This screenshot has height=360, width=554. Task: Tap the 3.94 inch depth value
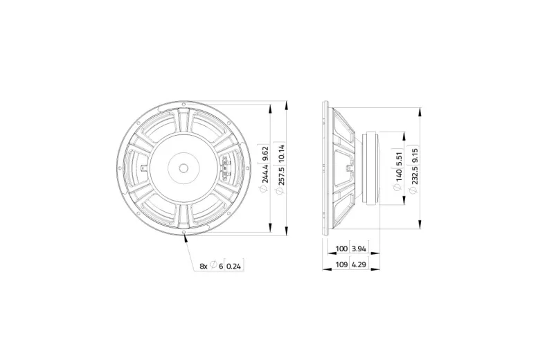359,249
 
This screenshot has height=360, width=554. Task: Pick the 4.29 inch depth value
359,264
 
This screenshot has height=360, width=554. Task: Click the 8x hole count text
204,265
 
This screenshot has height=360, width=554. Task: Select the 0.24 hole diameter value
235,265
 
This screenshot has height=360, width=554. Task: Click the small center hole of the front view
184,167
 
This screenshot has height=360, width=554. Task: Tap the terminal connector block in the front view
224,167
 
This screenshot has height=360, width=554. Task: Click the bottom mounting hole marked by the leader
185,234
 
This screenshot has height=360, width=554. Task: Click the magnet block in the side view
373,167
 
